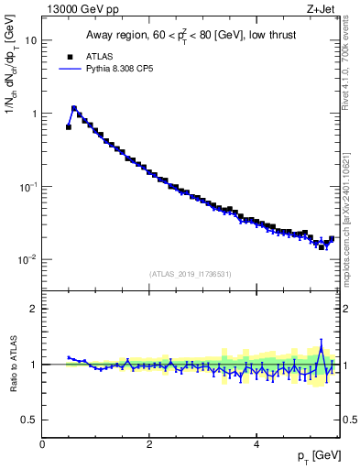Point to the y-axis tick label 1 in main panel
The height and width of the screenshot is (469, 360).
click(35, 114)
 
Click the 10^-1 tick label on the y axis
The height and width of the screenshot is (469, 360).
click(29, 186)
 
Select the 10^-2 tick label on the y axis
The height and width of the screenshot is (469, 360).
click(29, 259)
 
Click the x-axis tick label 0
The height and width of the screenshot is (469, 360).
click(43, 444)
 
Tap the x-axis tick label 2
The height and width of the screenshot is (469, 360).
click(149, 444)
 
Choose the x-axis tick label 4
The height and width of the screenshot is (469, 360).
click(256, 444)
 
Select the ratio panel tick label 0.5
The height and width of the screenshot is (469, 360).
click(30, 420)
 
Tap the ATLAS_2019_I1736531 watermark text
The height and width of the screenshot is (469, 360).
click(191, 274)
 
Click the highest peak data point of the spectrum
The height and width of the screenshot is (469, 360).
click(74, 108)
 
